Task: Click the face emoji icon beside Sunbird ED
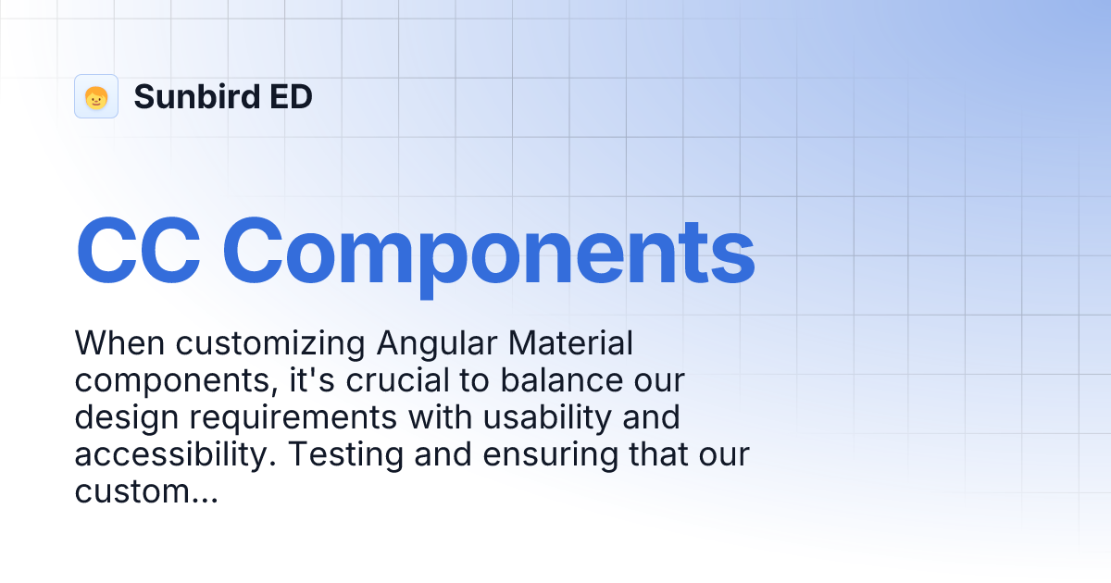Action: (96, 96)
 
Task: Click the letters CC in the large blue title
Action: (138, 251)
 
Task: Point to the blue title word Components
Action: (489, 251)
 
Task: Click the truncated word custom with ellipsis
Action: (145, 491)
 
